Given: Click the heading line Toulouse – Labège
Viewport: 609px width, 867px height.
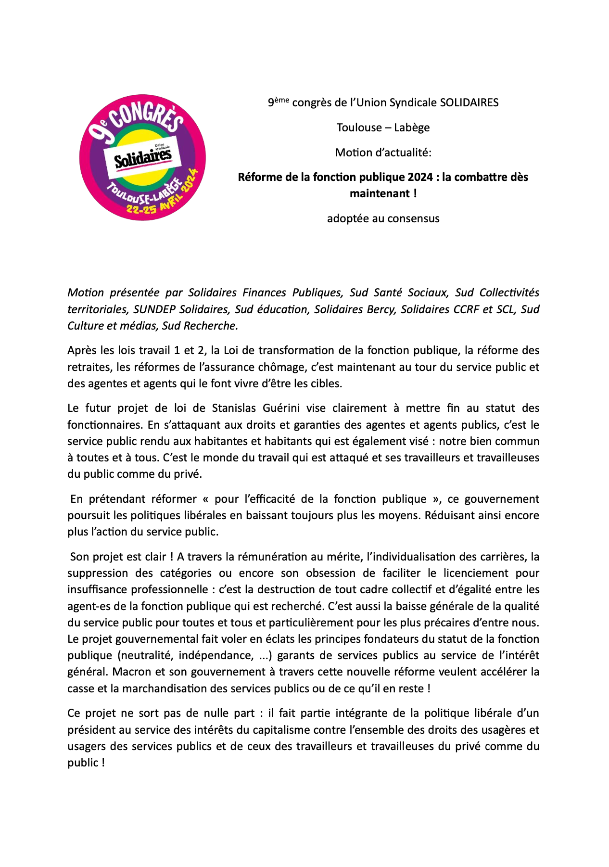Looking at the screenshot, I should (x=383, y=127).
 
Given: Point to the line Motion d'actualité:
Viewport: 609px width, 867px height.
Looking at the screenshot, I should (x=383, y=153).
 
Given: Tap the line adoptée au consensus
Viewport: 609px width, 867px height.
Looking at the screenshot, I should (x=383, y=218).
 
